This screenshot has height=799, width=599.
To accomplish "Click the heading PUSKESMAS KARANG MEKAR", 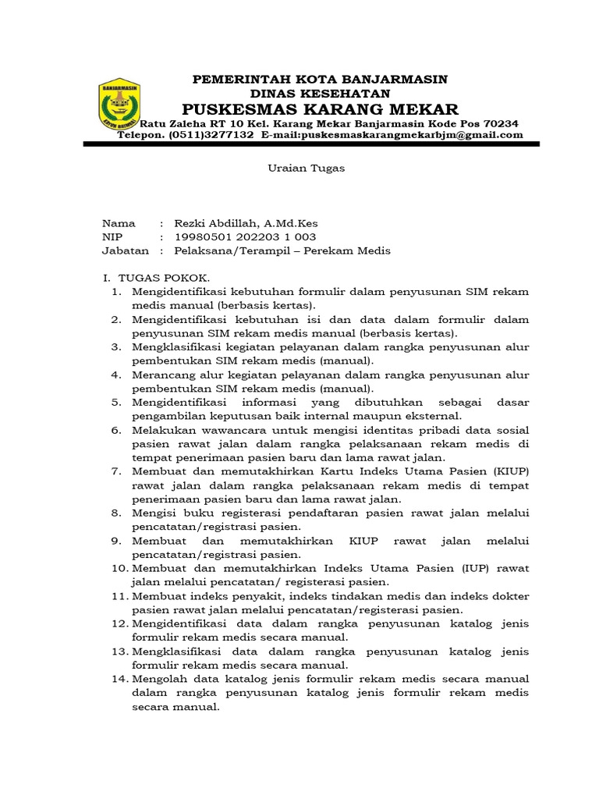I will pyautogui.click(x=321, y=108).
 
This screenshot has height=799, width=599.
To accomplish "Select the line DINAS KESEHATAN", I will pyautogui.click(x=321, y=93).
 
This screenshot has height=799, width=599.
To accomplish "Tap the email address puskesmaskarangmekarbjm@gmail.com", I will pyautogui.click(x=392, y=135).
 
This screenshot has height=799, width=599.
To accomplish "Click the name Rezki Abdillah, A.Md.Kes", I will pyautogui.click(x=242, y=223).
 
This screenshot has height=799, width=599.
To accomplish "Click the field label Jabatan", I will pyautogui.click(x=125, y=250).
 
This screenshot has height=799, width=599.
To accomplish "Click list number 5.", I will pyautogui.click(x=116, y=402).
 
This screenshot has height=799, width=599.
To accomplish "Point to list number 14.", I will pyautogui.click(x=118, y=680).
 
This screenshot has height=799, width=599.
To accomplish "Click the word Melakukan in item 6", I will pyautogui.click(x=160, y=430).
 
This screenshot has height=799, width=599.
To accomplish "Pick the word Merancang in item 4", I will pyautogui.click(x=160, y=375).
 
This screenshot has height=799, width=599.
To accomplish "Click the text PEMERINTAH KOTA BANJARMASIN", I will pyautogui.click(x=321, y=80).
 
